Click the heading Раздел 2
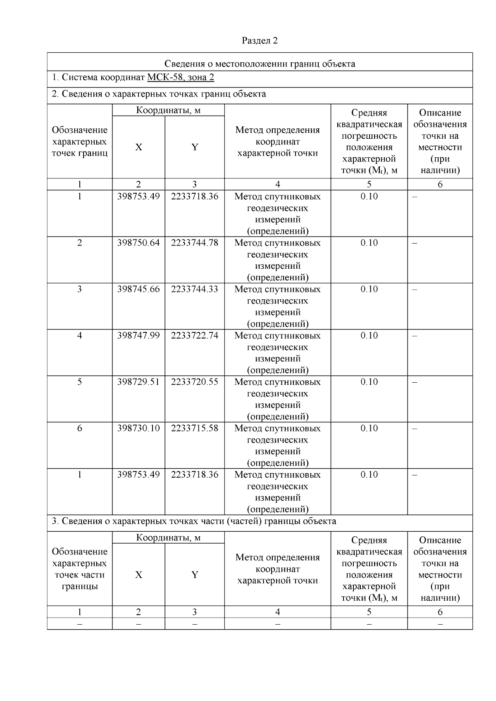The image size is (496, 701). tap(260, 40)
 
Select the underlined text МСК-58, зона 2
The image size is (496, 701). tap(181, 78)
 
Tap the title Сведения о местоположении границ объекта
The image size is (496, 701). tap(260, 64)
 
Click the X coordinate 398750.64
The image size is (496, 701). tap(138, 243)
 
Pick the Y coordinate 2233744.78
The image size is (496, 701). tap(194, 243)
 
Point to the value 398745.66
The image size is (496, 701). tap(138, 289)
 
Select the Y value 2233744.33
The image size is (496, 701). tap(194, 289)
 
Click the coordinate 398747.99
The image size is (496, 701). tap(138, 335)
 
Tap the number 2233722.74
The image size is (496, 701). tap(194, 335)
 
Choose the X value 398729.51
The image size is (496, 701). tap(138, 382)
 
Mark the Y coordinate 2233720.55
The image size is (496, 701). tap(194, 382)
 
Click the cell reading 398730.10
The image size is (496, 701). tap(138, 428)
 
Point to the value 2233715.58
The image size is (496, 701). tap(194, 428)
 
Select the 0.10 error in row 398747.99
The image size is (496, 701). tap(369, 335)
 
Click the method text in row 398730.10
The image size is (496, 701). tap(277, 445)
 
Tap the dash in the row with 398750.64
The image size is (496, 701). tap(415, 243)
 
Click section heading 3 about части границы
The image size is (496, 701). tap(194, 521)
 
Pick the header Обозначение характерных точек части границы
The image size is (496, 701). tap(79, 569)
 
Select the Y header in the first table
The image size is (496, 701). tap(194, 147)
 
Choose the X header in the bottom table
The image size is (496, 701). tap(138, 575)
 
